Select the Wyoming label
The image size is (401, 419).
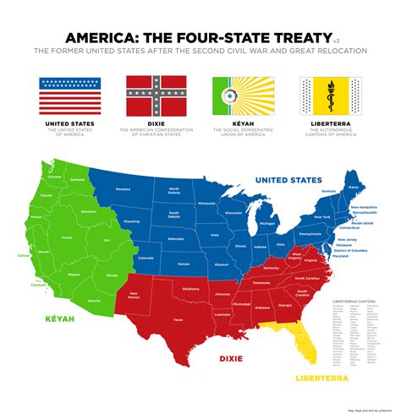pyautogui.click(x=131, y=221)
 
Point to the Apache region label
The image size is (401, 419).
pyautogui.click(x=92, y=300)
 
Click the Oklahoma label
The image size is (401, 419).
pyautogui.click(x=190, y=288)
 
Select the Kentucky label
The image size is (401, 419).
pyautogui.click(x=272, y=268)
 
